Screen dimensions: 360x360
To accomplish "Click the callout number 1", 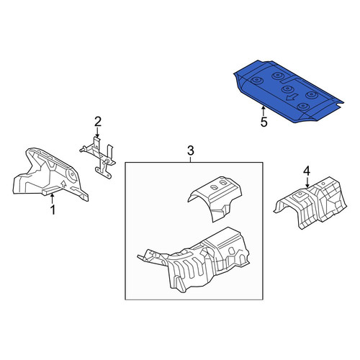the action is pos(53,210).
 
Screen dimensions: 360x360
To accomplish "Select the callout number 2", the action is pos(98,122).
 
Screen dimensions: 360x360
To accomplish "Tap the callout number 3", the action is pos(190,151).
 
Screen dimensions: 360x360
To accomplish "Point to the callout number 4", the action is pos(307,171).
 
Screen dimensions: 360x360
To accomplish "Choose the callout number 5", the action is pos(264,122).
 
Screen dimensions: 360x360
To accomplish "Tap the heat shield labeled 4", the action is pos(311,203).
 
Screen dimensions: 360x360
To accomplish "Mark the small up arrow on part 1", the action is pos(63,184).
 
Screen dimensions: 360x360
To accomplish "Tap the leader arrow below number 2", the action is pos(97,132).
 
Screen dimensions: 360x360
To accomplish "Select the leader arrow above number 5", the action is pos(264,112).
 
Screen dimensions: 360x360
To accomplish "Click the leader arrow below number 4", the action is pos(307,181).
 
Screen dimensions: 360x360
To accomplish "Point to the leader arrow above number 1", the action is pos(52,199).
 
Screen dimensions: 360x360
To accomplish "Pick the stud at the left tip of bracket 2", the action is pos(83,150).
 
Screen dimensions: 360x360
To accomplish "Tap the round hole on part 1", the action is pos(72,176).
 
